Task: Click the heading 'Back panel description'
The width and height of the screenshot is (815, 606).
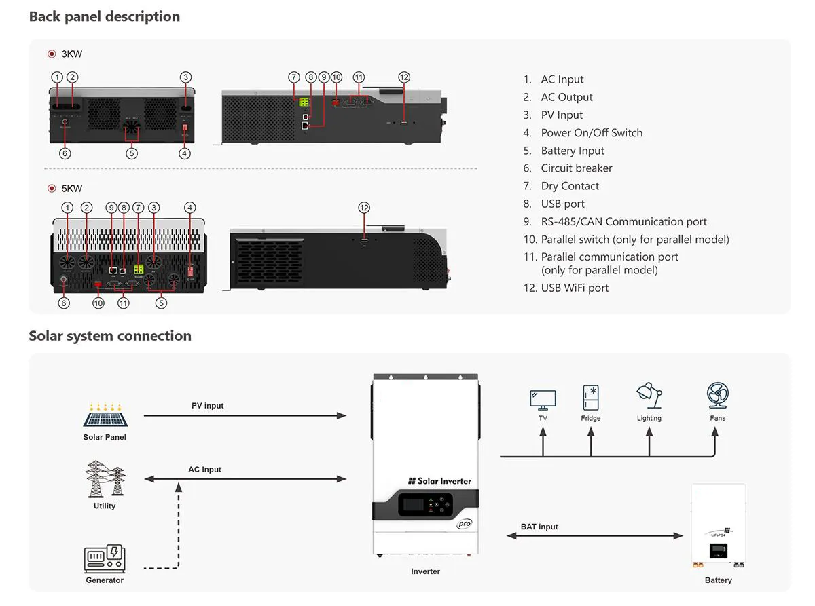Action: pos(105,17)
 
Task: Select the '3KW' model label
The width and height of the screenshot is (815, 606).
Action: pos(71,54)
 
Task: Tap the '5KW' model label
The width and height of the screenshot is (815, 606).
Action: pos(71,189)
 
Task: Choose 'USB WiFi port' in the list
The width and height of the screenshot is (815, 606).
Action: pos(575,288)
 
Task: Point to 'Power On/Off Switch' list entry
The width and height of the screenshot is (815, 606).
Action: pos(591,133)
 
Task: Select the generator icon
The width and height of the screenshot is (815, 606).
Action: pos(104,559)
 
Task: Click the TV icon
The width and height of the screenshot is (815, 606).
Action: pos(543,399)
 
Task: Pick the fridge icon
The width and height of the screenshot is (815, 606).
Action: pos(591,398)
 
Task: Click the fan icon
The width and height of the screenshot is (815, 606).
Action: pos(718,396)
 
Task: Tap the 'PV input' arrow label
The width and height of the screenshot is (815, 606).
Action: pos(207,406)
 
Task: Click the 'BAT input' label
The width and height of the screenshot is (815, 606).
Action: pos(539,527)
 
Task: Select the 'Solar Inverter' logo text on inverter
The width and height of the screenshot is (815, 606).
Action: pos(440,481)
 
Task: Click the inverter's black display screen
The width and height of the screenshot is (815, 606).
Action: pos(414,504)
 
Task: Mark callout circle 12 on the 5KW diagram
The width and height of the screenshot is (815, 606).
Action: pos(364,208)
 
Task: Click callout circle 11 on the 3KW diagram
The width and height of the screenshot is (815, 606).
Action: pos(359,77)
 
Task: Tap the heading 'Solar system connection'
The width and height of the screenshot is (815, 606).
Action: pos(110,336)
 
